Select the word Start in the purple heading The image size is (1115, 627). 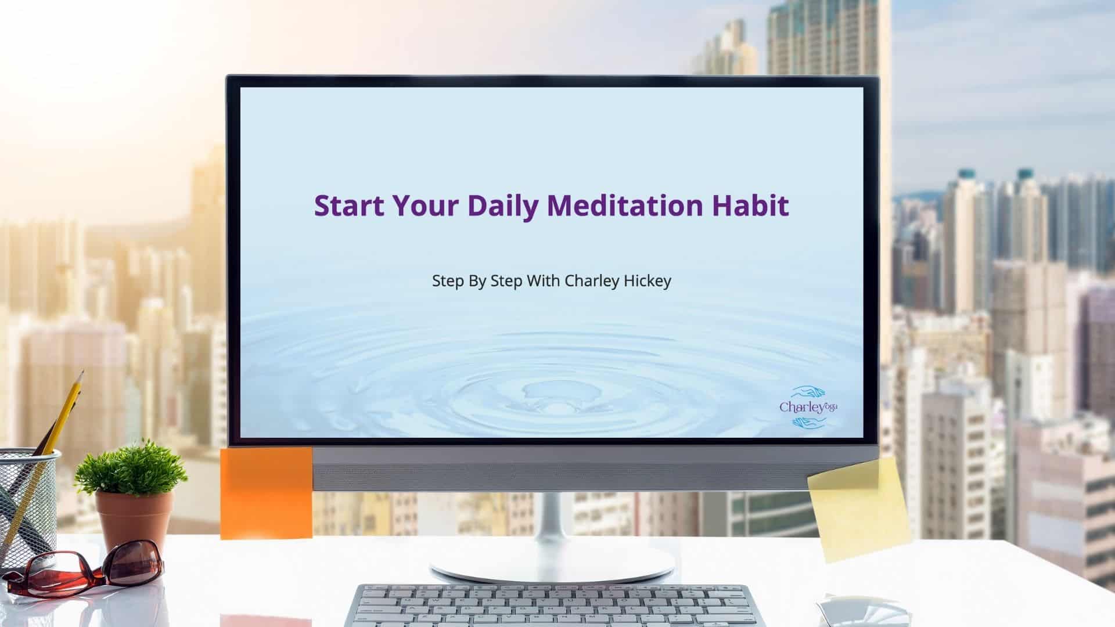[x=348, y=206]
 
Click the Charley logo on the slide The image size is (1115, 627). [x=808, y=406]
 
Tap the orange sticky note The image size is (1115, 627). [x=266, y=492]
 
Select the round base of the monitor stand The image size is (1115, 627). [x=552, y=563]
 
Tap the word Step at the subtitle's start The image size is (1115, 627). [x=448, y=282]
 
